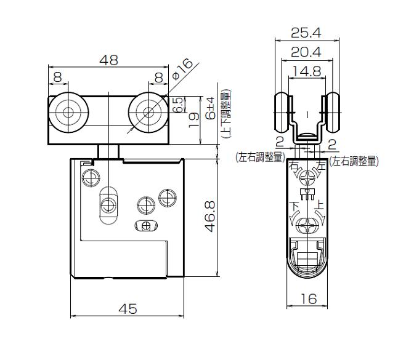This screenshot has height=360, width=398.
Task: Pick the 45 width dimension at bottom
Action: click(x=128, y=308)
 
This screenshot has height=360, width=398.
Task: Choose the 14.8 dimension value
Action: click(x=307, y=71)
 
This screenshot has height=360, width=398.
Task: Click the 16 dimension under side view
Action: click(x=308, y=298)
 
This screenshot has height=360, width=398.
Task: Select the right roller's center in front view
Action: click(x=148, y=113)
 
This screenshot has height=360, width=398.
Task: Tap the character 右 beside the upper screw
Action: click(x=294, y=166)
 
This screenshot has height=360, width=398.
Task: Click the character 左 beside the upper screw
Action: click(x=320, y=166)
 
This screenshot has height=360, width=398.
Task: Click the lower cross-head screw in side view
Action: click(x=307, y=226)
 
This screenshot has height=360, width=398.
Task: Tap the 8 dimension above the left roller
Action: click(x=57, y=78)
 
